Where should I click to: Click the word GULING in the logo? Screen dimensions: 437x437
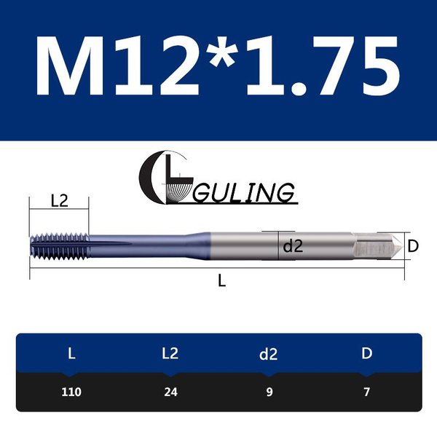(x=244, y=193)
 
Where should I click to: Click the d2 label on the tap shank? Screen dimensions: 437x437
(x=292, y=246)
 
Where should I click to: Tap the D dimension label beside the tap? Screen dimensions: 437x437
(x=412, y=246)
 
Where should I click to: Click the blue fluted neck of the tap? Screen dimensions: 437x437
(x=146, y=246)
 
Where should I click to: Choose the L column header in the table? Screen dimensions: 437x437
(x=71, y=354)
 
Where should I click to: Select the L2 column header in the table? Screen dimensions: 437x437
(x=170, y=354)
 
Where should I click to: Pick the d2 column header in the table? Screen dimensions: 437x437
(x=269, y=354)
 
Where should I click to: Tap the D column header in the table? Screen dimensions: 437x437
(x=367, y=354)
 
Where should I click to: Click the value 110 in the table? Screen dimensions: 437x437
(x=71, y=392)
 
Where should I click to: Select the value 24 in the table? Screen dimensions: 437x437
(x=170, y=392)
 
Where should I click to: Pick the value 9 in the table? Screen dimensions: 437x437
(x=269, y=392)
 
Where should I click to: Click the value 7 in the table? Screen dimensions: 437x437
(x=367, y=392)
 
